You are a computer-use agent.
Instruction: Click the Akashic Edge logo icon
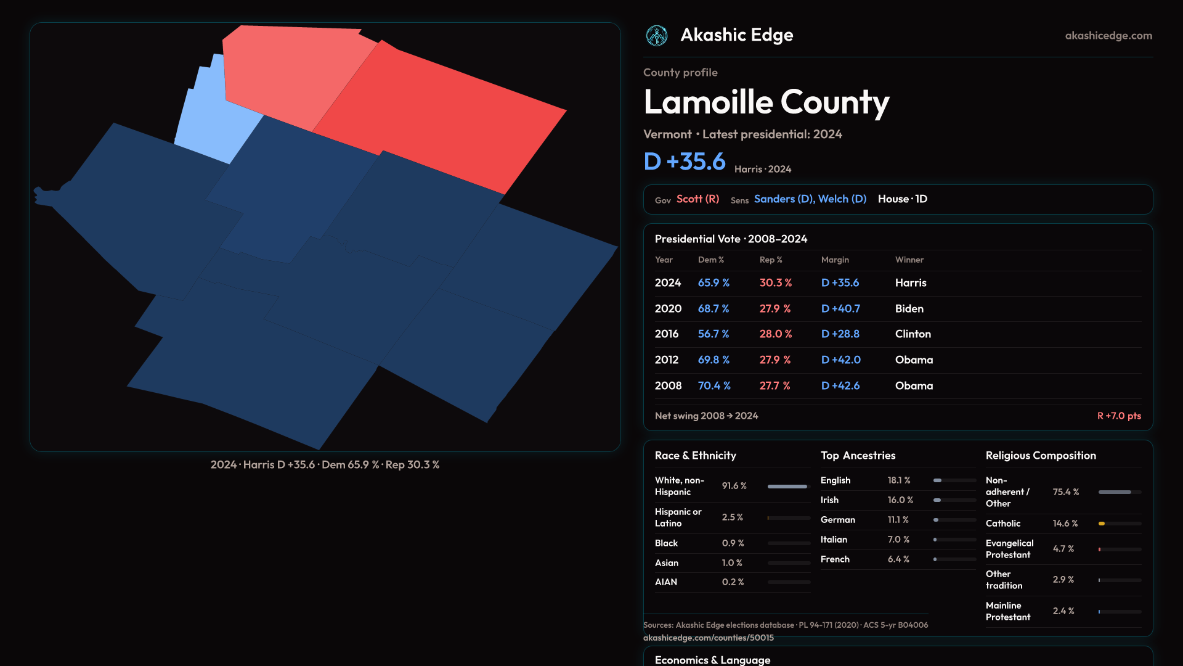click(656, 36)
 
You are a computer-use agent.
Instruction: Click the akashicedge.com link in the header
click(1108, 36)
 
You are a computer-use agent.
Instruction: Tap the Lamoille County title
click(766, 102)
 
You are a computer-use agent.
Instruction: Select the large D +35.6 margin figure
click(685, 162)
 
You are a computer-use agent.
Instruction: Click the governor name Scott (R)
click(697, 199)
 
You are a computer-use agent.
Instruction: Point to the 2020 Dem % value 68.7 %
click(713, 308)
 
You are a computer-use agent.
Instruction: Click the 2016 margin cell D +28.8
click(840, 334)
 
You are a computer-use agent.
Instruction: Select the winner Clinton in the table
click(913, 334)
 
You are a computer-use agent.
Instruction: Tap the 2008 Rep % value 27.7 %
click(774, 385)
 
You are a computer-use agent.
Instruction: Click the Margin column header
click(835, 260)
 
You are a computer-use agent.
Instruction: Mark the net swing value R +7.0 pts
click(1119, 416)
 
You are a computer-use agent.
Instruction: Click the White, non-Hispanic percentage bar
click(788, 487)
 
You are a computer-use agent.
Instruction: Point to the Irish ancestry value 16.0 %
click(900, 500)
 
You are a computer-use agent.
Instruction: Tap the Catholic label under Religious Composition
click(1002, 524)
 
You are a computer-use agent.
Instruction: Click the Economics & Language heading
click(712, 660)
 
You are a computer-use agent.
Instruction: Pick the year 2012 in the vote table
click(666, 360)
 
